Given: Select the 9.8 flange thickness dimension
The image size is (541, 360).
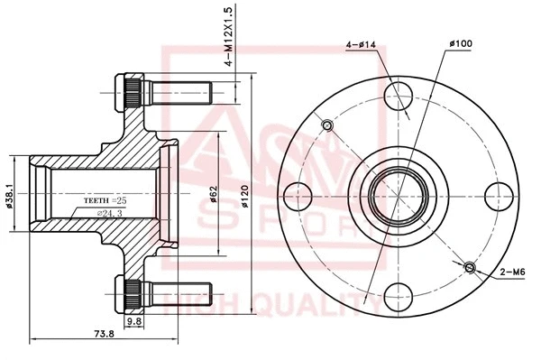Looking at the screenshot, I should (x=133, y=319).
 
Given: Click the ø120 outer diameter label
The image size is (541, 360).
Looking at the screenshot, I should (x=243, y=193).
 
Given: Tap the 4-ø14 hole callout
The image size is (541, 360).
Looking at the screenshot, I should (x=361, y=44).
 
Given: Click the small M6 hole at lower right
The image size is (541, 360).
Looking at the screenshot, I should (x=469, y=266).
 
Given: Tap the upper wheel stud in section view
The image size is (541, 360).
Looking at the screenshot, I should (x=167, y=91).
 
